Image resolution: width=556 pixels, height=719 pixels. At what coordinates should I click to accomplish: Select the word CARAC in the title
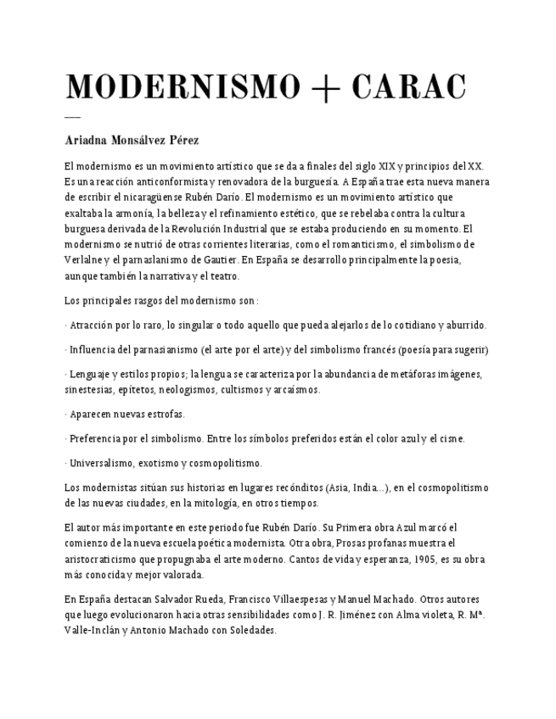coord(408,87)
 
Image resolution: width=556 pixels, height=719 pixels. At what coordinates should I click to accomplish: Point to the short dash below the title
coord(72,117)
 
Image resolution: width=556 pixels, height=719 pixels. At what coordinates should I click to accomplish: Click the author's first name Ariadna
coord(86,140)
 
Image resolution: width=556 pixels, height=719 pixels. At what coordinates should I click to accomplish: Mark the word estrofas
coord(160,415)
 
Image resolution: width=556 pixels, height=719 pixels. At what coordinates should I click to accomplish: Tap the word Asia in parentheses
coord(338,488)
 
